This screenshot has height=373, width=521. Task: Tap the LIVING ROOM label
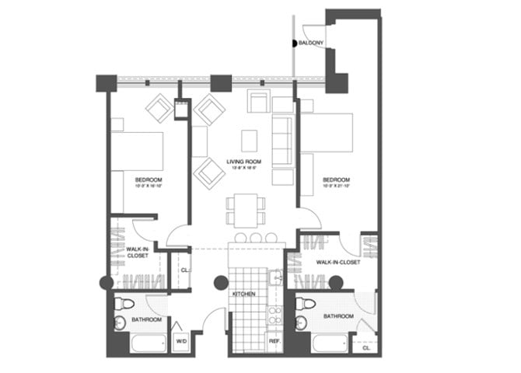pos(243,162)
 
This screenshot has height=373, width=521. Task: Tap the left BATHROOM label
pos(146,319)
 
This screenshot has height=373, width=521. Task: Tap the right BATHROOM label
pos(338,316)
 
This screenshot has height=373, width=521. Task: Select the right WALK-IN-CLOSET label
pos(338,263)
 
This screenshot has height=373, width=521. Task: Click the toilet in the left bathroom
pos(128,303)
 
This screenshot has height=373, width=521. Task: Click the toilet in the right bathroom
pos(309,303)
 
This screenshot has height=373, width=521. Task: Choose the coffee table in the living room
pos(249,140)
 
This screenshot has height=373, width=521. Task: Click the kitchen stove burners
pos(274,315)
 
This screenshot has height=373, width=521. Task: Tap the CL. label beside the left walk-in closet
pos(184,270)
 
